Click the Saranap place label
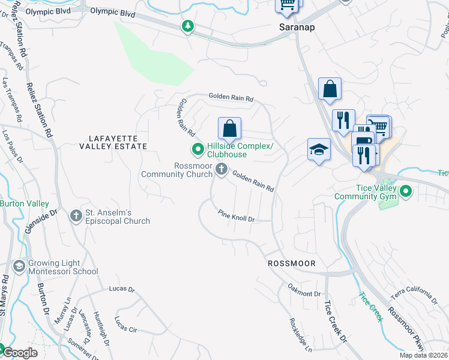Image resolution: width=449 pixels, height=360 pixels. coord(297,28)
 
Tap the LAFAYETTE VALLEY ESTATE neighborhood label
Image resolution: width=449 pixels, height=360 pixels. coord(113,146)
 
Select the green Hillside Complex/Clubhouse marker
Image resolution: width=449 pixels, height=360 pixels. coord(196,149)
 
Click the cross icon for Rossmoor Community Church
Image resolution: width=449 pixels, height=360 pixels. coord(221,169)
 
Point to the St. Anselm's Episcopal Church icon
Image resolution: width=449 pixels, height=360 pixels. coord(76,215)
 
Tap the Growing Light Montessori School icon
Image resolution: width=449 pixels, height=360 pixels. coord(20,266)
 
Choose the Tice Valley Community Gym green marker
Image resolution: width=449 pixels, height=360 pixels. coord(406,191)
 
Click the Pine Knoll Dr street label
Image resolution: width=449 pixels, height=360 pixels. coord(236,216)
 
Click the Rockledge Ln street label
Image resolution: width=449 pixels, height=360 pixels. coord(301,334)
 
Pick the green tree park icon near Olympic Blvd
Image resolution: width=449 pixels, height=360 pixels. coord(188,26)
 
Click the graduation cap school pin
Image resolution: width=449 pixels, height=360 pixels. coord(319,150)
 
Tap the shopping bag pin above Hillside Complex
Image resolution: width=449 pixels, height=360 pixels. coord(229,128)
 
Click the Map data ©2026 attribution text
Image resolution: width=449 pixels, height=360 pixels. coord(423,355)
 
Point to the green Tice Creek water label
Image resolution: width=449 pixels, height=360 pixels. coord(370,307)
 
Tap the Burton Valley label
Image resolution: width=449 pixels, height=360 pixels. coord(24,203)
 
